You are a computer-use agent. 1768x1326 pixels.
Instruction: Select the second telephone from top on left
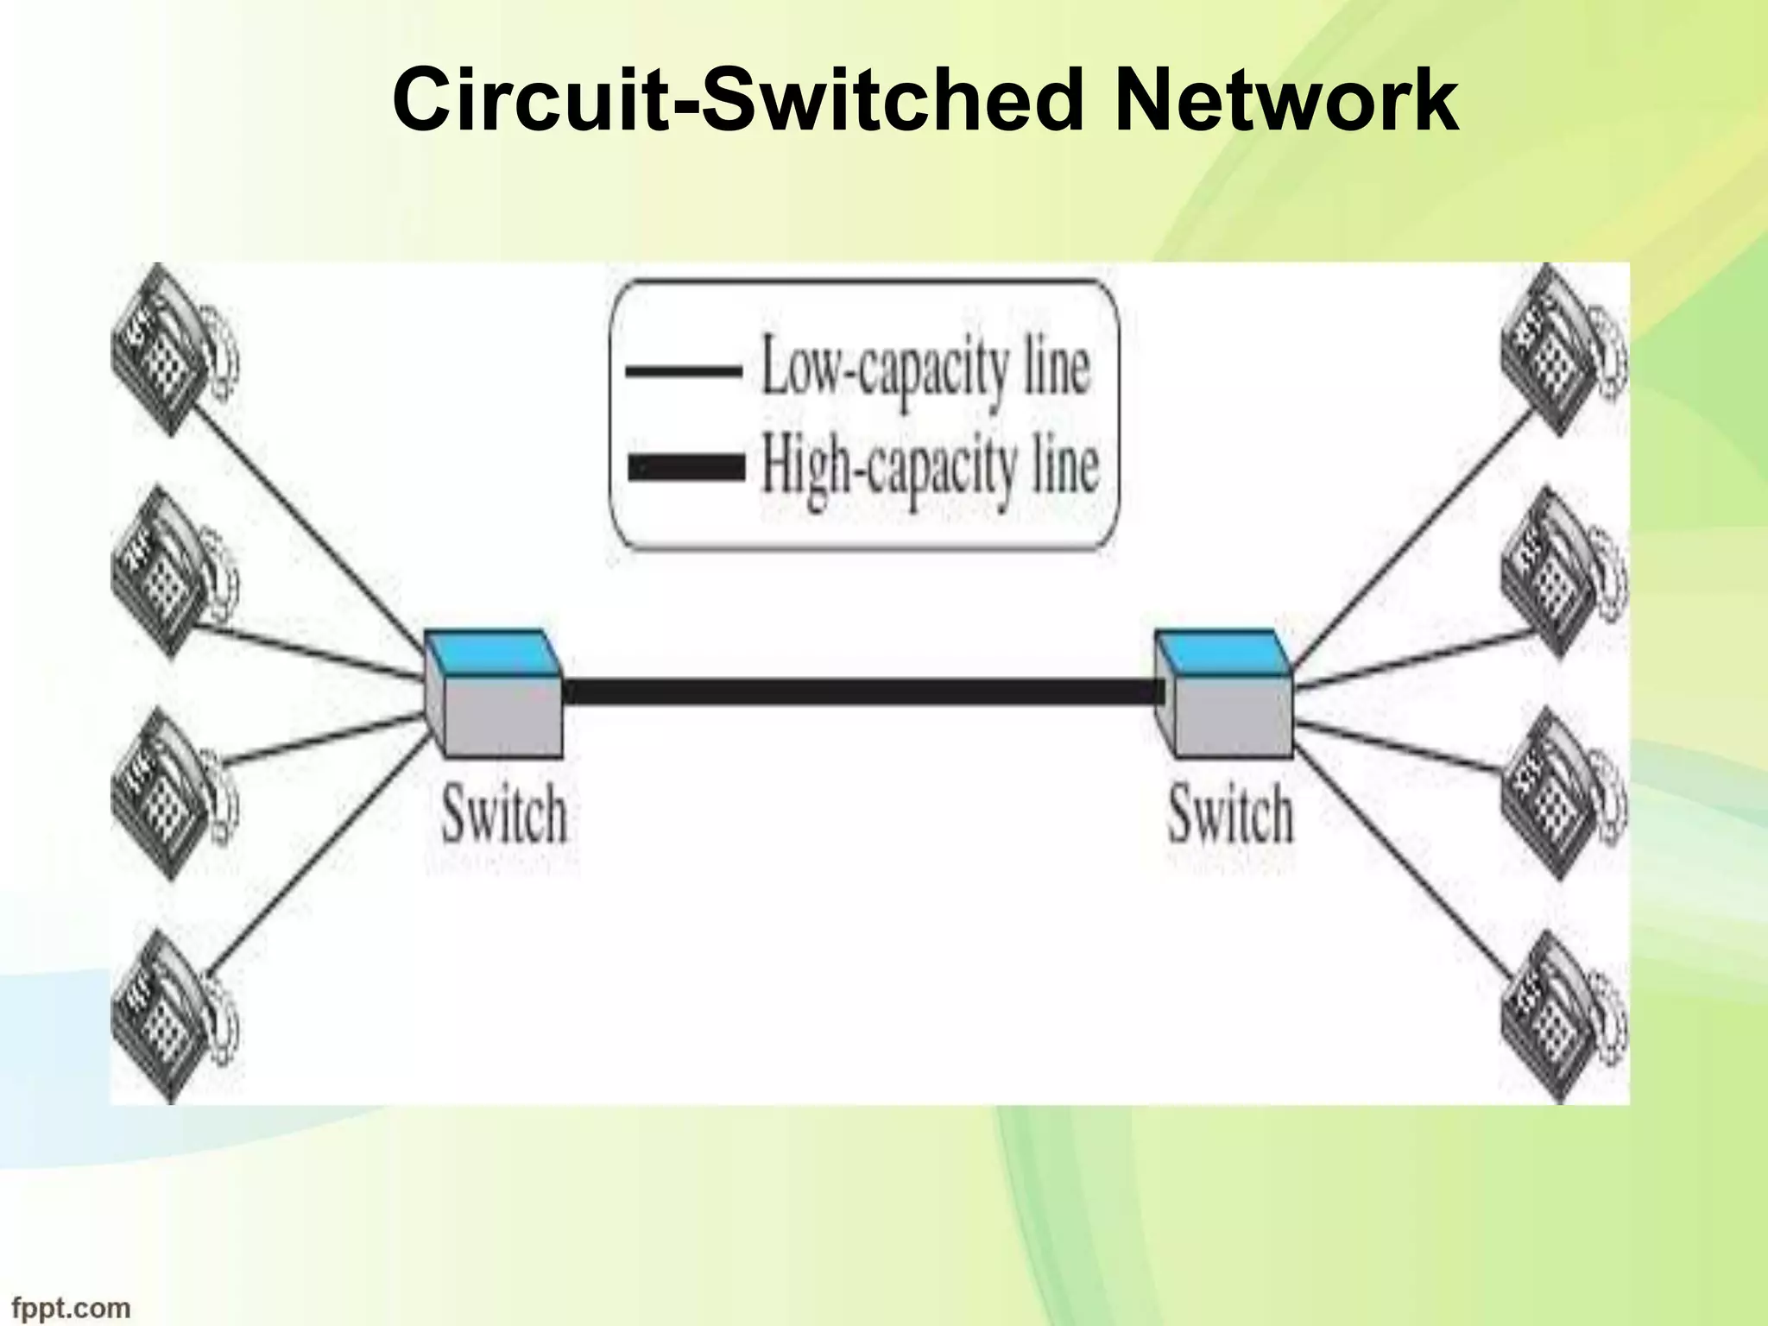coord(173,571)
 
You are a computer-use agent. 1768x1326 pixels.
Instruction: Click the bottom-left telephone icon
coord(173,1015)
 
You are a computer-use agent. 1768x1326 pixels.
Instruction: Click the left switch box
coord(493,694)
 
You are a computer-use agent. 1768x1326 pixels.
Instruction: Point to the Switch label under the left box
coord(504,815)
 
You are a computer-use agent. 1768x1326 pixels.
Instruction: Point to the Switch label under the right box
coord(1231,815)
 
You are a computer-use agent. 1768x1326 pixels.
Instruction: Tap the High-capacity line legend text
coord(930,469)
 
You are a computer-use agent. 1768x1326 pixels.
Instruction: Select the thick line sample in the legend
coord(686,469)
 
